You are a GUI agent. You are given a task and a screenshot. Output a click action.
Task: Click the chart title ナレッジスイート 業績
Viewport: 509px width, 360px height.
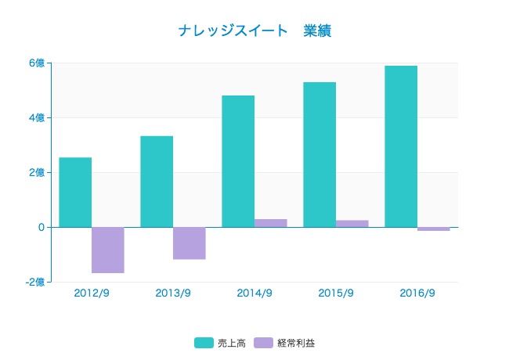click(257, 31)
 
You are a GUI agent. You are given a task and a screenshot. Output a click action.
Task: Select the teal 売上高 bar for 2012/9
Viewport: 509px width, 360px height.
click(75, 193)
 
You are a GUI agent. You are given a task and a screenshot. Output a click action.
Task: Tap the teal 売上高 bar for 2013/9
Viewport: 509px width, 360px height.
click(157, 182)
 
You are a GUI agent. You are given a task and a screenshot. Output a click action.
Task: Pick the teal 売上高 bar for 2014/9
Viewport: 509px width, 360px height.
click(238, 161)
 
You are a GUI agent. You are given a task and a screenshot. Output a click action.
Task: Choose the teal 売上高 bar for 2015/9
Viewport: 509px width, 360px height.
click(319, 155)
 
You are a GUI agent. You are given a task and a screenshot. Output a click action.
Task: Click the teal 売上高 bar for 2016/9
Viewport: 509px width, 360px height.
click(401, 146)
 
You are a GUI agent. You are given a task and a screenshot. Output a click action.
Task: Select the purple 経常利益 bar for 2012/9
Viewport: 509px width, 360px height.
click(108, 250)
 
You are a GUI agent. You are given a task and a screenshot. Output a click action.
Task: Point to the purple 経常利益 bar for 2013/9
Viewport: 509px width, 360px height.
click(190, 243)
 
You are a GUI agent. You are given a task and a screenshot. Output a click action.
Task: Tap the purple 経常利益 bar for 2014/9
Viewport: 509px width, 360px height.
click(271, 223)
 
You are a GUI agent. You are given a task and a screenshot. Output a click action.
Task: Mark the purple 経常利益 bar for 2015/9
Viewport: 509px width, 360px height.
click(352, 224)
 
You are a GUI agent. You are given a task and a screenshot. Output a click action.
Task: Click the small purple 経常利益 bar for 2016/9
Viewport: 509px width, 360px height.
click(434, 229)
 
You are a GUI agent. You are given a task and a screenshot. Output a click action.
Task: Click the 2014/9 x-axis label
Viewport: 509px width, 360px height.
click(254, 293)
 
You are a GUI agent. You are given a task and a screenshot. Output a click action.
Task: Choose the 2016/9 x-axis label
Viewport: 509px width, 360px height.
click(417, 293)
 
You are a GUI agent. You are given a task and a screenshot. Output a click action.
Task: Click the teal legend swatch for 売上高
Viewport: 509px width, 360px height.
click(204, 343)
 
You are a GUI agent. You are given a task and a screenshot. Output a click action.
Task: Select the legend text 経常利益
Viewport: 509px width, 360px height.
click(298, 343)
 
